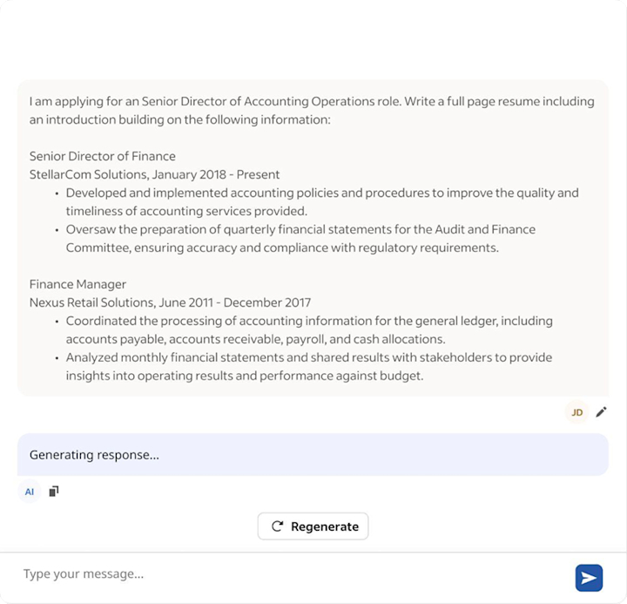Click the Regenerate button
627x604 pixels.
(x=313, y=526)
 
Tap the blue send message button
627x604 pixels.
(x=589, y=577)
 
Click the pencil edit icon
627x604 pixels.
(x=601, y=412)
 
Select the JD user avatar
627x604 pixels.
(x=576, y=412)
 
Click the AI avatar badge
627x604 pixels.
(x=30, y=492)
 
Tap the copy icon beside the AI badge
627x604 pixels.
(x=54, y=492)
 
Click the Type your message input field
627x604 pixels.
(x=287, y=574)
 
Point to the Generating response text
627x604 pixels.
(x=94, y=454)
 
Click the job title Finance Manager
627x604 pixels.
(x=78, y=284)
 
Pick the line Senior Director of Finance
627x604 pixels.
(x=102, y=156)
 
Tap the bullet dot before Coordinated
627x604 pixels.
(x=57, y=321)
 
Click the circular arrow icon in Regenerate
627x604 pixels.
(x=278, y=526)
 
